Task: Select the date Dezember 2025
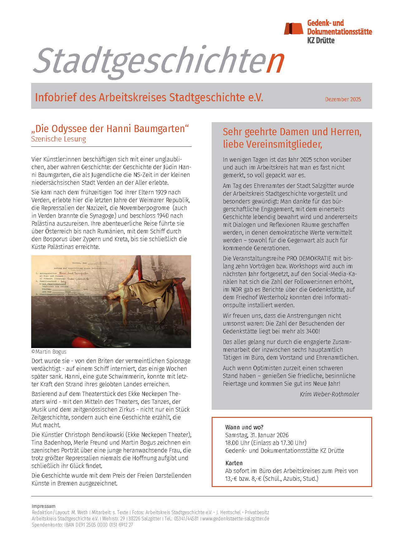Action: (343, 99)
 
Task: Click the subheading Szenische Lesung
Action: (59, 139)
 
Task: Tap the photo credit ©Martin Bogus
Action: (49, 352)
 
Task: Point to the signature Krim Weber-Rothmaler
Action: (329, 394)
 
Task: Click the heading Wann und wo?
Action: (244, 427)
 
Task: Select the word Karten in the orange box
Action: (234, 463)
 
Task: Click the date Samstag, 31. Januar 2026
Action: (257, 435)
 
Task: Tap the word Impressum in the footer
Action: (43, 506)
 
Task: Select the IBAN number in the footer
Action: (98, 525)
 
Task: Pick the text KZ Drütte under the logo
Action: (321, 40)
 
